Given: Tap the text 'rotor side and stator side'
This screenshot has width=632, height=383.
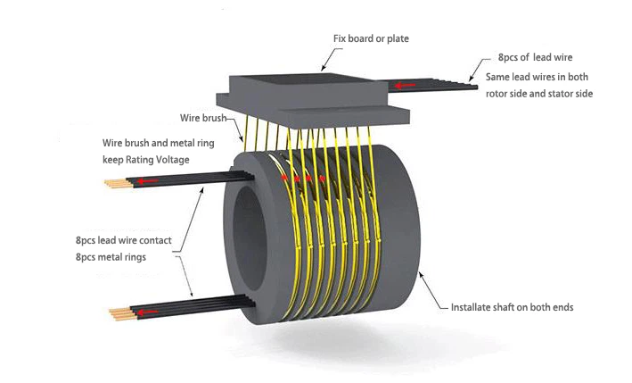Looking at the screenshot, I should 539,94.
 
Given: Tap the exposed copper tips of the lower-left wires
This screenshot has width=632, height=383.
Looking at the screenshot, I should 117,313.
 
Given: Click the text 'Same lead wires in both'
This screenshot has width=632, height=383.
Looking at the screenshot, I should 538,77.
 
